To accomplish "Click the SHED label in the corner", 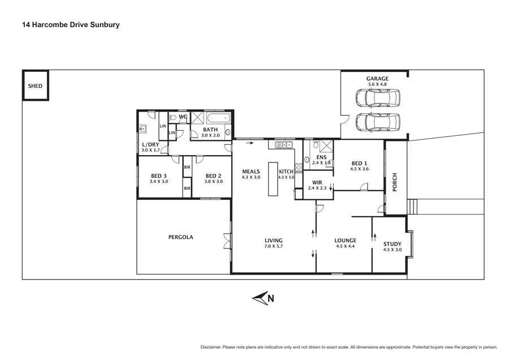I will [35, 87].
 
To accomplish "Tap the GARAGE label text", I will [376, 78].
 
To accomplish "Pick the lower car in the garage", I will [378, 121].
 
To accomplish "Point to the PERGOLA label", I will [180, 237].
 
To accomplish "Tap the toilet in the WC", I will [173, 118].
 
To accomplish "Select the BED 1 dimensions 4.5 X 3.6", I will [359, 169].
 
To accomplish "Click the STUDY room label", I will [392, 243].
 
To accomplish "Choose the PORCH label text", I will [395, 182].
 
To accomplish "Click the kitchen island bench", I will [273, 179].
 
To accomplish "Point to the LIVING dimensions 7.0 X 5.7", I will [273, 247].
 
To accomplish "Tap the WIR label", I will [318, 182].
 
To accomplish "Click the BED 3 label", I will [159, 175].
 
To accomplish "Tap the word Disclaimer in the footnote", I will [212, 347].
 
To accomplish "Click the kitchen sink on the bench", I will [281, 145].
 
